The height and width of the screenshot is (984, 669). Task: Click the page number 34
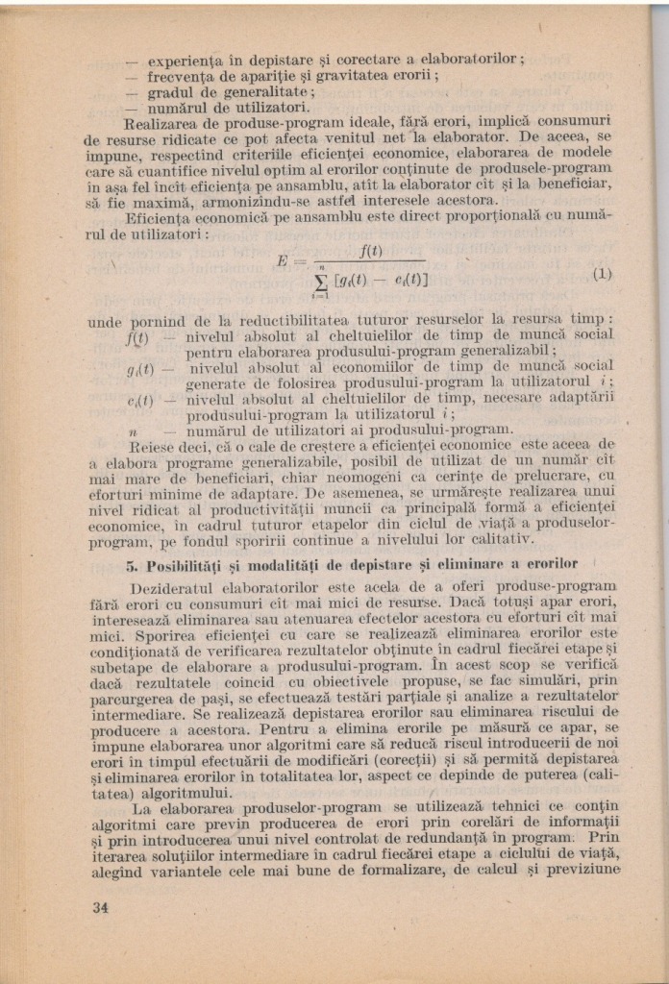coord(100,907)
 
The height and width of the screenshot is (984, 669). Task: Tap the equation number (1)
coord(601,273)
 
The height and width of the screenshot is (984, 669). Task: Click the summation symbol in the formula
coord(324,280)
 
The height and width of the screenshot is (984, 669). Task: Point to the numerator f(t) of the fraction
coord(370,251)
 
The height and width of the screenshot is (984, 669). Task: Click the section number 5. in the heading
coord(133,563)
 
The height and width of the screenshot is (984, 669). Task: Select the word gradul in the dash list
coord(172,91)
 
